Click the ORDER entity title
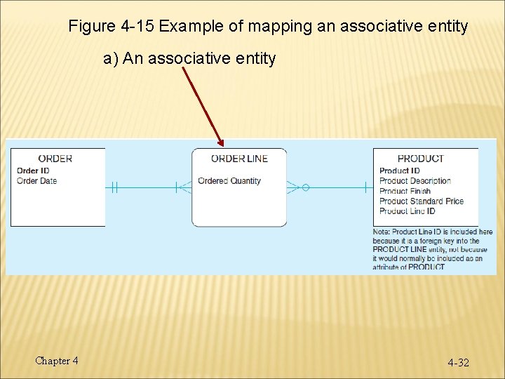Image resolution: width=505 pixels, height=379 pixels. pyautogui.click(x=55, y=159)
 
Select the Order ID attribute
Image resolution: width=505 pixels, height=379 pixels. pyautogui.click(x=33, y=171)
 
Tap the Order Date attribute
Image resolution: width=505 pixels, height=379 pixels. pyautogui.click(x=36, y=181)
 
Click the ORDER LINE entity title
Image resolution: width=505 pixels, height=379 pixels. pyautogui.click(x=239, y=159)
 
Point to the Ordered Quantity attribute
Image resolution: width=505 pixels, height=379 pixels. pyautogui.click(x=229, y=181)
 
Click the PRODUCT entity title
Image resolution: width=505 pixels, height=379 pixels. pyautogui.click(x=420, y=159)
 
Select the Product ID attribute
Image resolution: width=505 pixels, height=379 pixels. pyautogui.click(x=399, y=171)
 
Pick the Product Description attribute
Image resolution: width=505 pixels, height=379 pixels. pyautogui.click(x=415, y=181)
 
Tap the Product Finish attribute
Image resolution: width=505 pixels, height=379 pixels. pyautogui.click(x=405, y=191)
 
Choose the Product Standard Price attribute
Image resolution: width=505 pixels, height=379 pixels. pyautogui.click(x=421, y=201)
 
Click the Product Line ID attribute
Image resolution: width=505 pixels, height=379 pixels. pyautogui.click(x=407, y=211)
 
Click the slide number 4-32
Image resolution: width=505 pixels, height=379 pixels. pyautogui.click(x=459, y=363)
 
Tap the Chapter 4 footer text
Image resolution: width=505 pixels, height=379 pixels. pyautogui.click(x=57, y=361)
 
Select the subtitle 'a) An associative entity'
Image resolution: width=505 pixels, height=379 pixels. pyautogui.click(x=189, y=58)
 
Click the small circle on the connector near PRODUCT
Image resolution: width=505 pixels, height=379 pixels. pyautogui.click(x=306, y=187)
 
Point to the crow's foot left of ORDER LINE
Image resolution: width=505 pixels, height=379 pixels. pyautogui.click(x=184, y=187)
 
